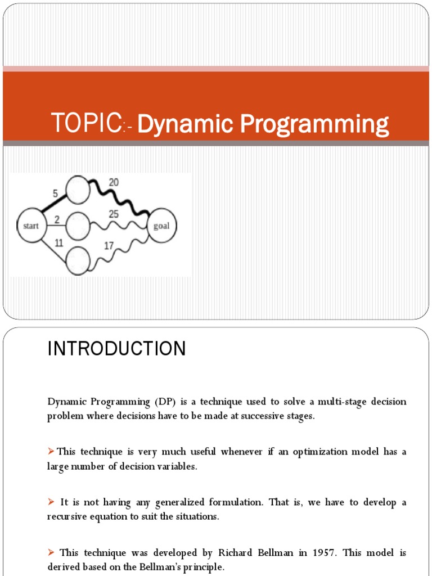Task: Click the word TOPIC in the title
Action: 86,123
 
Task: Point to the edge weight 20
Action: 114,183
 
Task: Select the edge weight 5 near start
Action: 55,193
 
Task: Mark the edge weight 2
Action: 57,219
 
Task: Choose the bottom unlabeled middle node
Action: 78,261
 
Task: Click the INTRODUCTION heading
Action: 116,349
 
